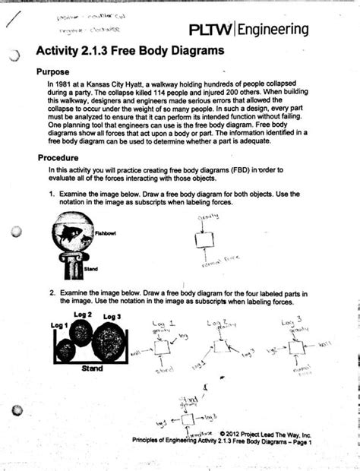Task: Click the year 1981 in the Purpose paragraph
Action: (x=64, y=83)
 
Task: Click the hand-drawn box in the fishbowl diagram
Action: (x=203, y=240)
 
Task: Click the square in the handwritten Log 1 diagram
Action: (x=162, y=347)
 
